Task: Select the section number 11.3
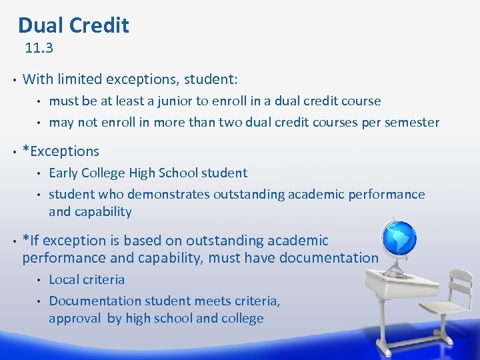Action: tap(39, 48)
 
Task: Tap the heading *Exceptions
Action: tap(61, 151)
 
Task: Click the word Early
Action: tap(63, 173)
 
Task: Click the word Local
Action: tap(65, 280)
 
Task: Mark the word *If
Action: tap(31, 241)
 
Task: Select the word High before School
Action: tap(153, 173)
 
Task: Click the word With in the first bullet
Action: tap(38, 79)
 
